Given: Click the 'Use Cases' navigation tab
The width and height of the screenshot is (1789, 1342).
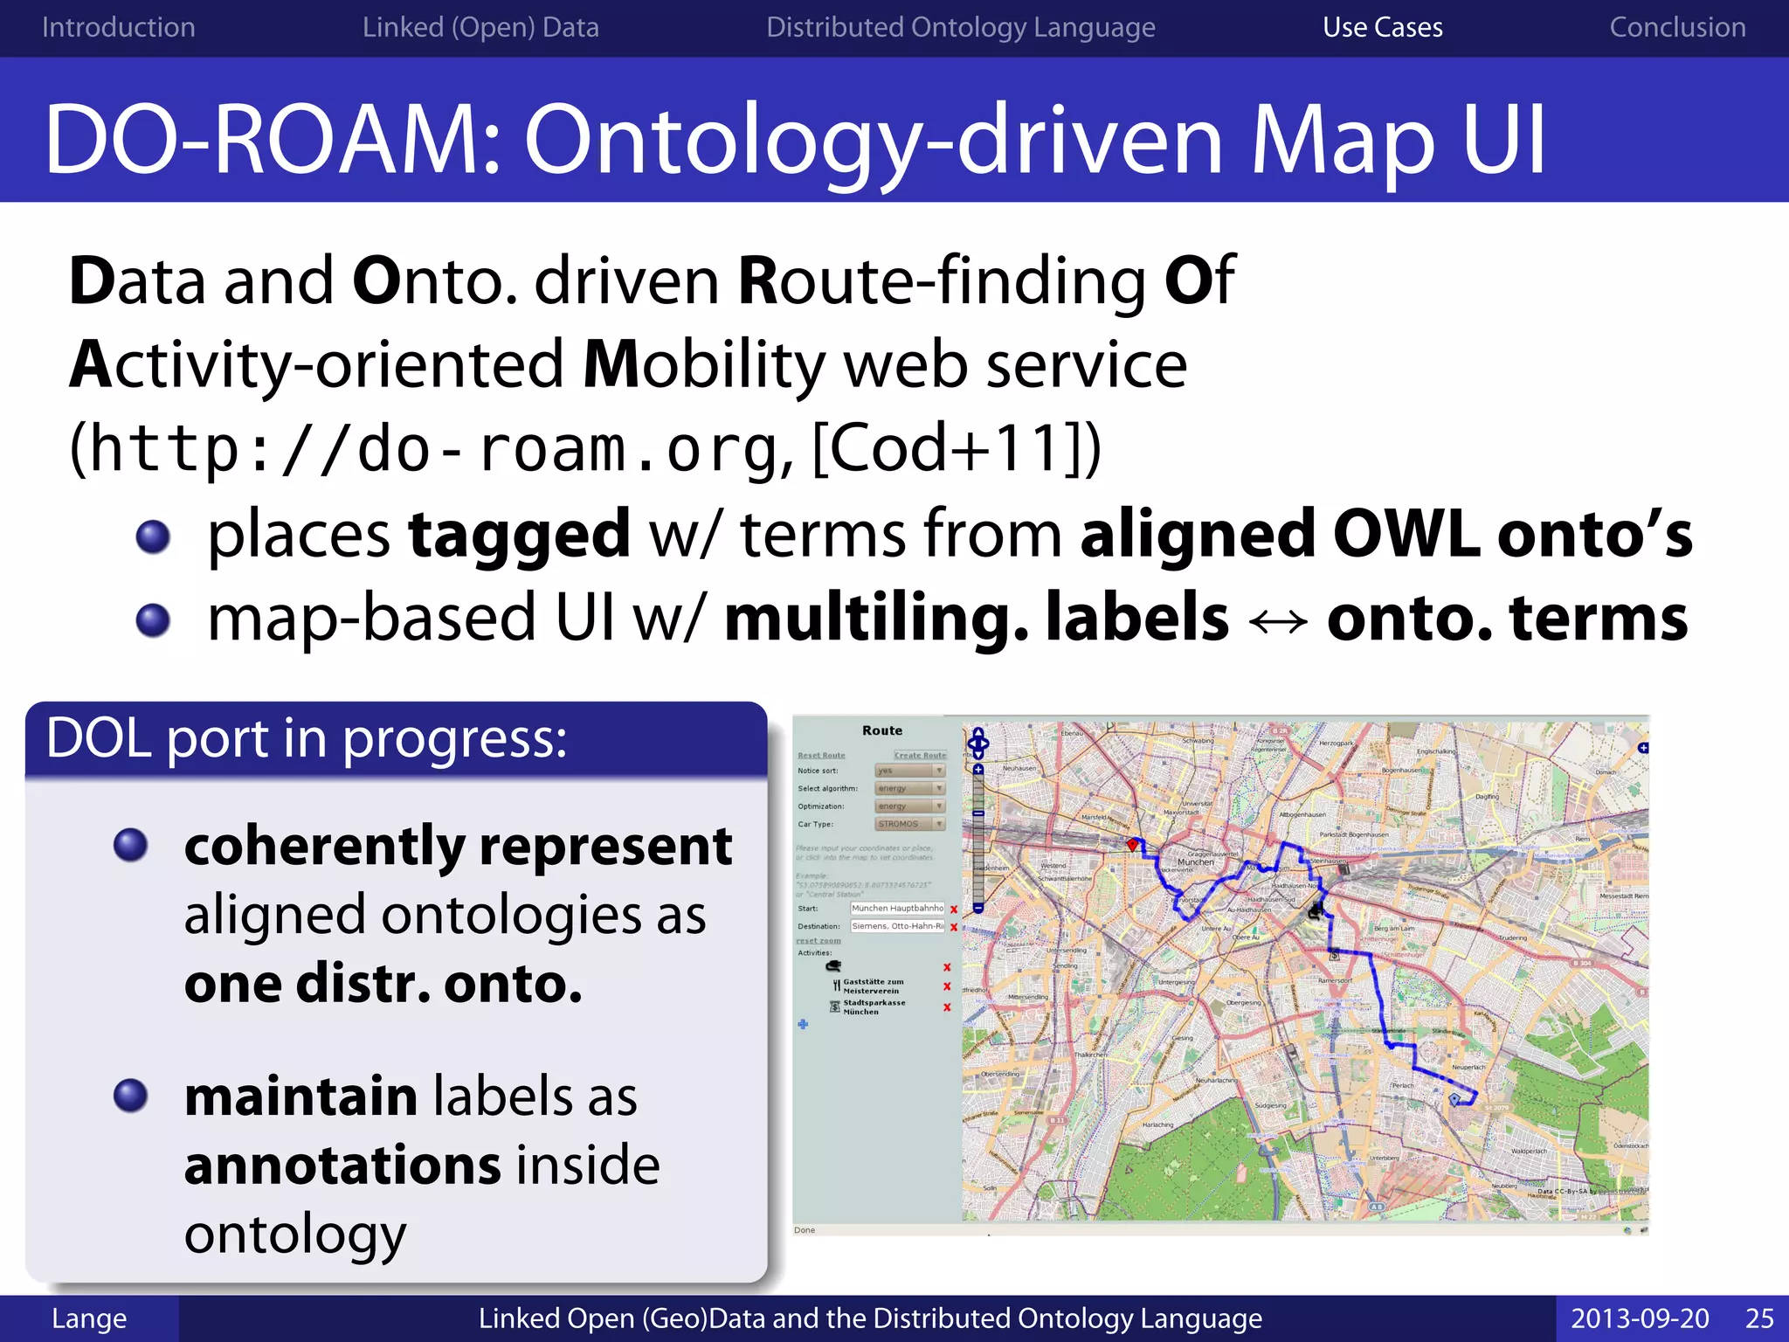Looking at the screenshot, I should tap(1382, 28).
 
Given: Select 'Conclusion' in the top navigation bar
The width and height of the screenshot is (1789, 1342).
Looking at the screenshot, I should tap(1677, 28).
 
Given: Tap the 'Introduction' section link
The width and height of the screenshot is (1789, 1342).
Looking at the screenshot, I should tap(119, 28).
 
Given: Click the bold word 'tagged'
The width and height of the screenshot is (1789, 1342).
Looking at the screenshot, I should tap(519, 534).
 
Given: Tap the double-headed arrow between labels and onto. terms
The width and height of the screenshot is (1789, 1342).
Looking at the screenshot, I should tap(1278, 621).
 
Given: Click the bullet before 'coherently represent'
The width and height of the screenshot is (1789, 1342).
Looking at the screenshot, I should tap(131, 845).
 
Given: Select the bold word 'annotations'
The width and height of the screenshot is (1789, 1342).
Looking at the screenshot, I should tap(342, 1166).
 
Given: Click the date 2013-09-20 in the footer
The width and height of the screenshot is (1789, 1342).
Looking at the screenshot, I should tap(1640, 1318).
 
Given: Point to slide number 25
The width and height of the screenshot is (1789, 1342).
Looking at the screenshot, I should tap(1759, 1318).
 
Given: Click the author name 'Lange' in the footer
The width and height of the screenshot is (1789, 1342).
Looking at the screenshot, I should tap(89, 1318).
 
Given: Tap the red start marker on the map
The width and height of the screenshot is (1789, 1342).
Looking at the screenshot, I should tap(1133, 845).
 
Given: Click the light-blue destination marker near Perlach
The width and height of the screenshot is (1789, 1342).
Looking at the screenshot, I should tap(1454, 1099).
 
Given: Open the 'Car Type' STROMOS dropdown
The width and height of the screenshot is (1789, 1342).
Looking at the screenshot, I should tap(910, 824).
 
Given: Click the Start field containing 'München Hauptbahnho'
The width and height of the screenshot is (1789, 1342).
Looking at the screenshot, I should tap(897, 909).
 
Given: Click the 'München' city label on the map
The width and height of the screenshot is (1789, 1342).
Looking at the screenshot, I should tap(1195, 861).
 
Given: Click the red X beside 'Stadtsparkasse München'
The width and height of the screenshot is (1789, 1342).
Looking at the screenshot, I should tap(947, 1007).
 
